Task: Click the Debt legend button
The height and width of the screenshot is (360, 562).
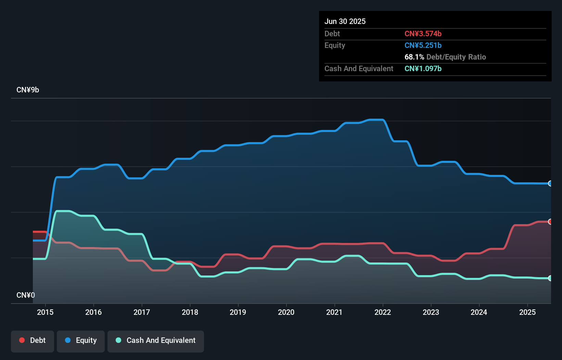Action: (x=33, y=340)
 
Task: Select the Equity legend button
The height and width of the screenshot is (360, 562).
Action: (x=81, y=340)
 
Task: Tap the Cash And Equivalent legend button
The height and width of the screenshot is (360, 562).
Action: (x=156, y=340)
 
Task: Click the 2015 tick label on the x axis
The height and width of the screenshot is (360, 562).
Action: (x=45, y=312)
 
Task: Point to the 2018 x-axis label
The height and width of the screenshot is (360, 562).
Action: (x=190, y=312)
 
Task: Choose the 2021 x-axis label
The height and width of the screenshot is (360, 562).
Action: (x=334, y=312)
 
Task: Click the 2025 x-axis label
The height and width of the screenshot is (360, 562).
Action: (x=527, y=312)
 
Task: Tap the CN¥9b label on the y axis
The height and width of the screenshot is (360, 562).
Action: (x=28, y=90)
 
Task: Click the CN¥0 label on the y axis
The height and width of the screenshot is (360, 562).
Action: (x=26, y=295)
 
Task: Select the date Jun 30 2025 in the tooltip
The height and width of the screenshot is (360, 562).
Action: (x=345, y=21)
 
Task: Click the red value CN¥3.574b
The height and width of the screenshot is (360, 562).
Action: (x=423, y=34)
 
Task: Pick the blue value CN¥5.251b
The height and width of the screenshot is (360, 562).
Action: (x=423, y=45)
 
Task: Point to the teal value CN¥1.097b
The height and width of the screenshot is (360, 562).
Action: (x=423, y=68)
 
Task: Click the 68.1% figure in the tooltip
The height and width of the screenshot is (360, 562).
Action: (x=414, y=57)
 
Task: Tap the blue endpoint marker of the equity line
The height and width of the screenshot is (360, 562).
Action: (x=550, y=183)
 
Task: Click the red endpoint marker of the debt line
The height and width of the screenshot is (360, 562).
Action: (x=550, y=222)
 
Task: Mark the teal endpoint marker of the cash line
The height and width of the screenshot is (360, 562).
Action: (x=550, y=278)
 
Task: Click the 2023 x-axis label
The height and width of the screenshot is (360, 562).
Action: (x=431, y=312)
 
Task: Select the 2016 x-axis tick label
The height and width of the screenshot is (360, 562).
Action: (x=93, y=312)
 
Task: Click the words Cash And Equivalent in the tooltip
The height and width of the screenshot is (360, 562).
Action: (x=359, y=68)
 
